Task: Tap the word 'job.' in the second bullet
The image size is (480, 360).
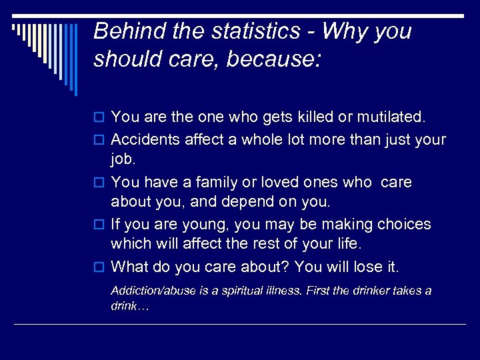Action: pyautogui.click(x=123, y=160)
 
